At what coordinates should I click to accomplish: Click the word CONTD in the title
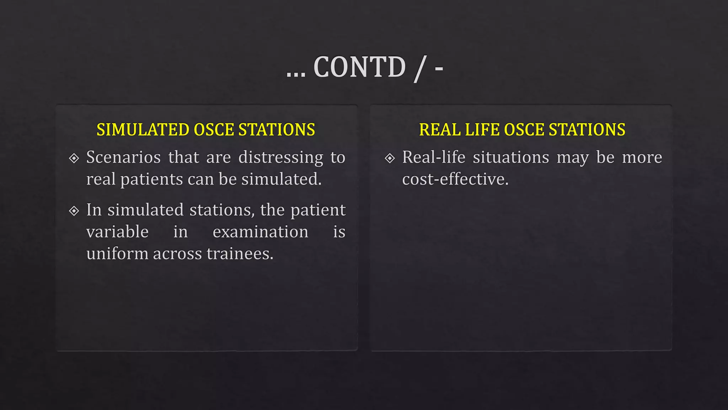(x=359, y=67)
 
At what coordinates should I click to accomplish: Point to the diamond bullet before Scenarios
(x=74, y=158)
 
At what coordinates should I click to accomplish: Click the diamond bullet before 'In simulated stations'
(x=74, y=211)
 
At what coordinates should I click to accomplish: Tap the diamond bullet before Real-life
(x=390, y=158)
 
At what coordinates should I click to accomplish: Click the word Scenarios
(x=123, y=157)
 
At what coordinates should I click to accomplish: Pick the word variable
(x=117, y=232)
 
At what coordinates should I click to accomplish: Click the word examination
(x=261, y=232)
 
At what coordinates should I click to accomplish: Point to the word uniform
(x=117, y=254)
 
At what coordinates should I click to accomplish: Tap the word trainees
(x=240, y=254)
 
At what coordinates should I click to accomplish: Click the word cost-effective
(x=455, y=179)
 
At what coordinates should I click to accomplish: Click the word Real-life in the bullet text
(x=434, y=157)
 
